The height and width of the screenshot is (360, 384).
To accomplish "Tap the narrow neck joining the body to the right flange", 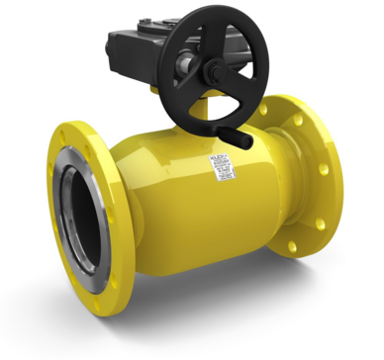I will pyautogui.click(x=272, y=198).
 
